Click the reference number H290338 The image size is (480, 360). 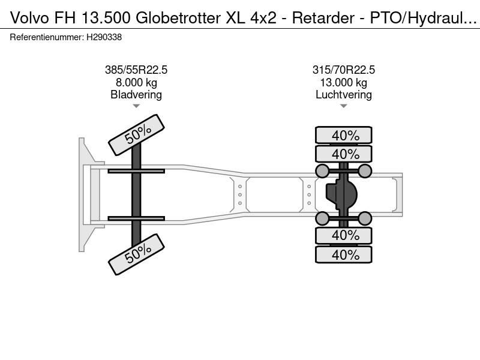(104, 37)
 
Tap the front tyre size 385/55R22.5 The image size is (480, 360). (136, 70)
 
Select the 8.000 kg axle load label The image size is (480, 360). (136, 82)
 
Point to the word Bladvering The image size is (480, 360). (136, 95)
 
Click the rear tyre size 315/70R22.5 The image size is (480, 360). (343, 70)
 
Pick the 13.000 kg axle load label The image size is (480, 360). (343, 82)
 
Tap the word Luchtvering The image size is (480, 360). (343, 95)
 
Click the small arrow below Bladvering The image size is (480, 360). (136, 106)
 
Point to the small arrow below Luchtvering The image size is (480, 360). (343, 106)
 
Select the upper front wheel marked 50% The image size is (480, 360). (137, 135)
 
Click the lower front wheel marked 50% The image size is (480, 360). (137, 254)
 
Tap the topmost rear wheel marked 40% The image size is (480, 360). (343, 135)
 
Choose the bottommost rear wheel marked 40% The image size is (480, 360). (343, 254)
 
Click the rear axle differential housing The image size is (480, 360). (341, 194)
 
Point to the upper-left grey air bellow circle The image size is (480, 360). (322, 171)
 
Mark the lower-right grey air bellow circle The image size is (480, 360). (365, 218)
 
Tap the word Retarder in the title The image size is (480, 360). (323, 18)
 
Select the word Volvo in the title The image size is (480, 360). (29, 18)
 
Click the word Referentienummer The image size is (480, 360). (47, 37)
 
